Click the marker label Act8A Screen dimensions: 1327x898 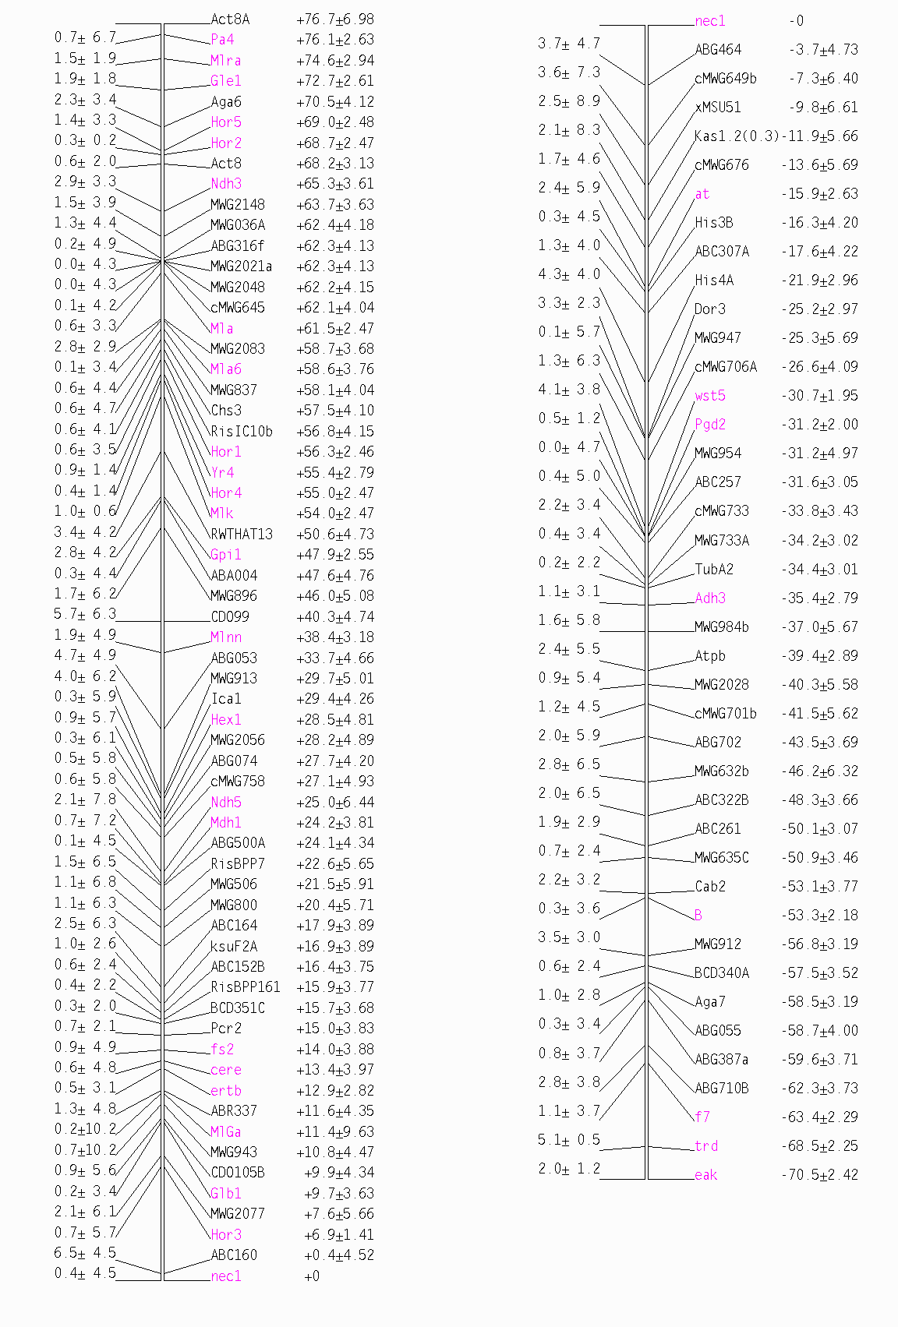(230, 19)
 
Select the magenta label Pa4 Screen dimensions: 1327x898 (222, 40)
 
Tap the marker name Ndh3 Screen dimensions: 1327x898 (226, 184)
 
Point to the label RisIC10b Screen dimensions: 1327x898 (242, 432)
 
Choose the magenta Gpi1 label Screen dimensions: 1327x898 (226, 555)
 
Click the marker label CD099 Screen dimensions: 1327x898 (230, 617)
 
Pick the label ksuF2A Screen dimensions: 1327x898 (234, 947)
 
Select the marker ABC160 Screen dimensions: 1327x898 (234, 1255)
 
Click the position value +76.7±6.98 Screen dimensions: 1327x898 (335, 19)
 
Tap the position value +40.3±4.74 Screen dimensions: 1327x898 (335, 617)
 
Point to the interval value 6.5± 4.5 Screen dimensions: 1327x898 (85, 1253)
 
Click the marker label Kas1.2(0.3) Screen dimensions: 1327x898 (737, 136)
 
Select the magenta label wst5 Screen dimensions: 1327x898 (710, 396)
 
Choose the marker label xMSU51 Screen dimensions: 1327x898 (718, 108)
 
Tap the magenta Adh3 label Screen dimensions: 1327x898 (710, 598)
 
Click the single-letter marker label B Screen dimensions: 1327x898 (698, 916)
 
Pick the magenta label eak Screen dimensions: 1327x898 (705, 1175)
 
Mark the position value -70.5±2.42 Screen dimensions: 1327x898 (819, 1175)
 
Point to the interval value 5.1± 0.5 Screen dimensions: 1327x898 (569, 1140)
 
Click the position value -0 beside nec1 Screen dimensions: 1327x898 (796, 21)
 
